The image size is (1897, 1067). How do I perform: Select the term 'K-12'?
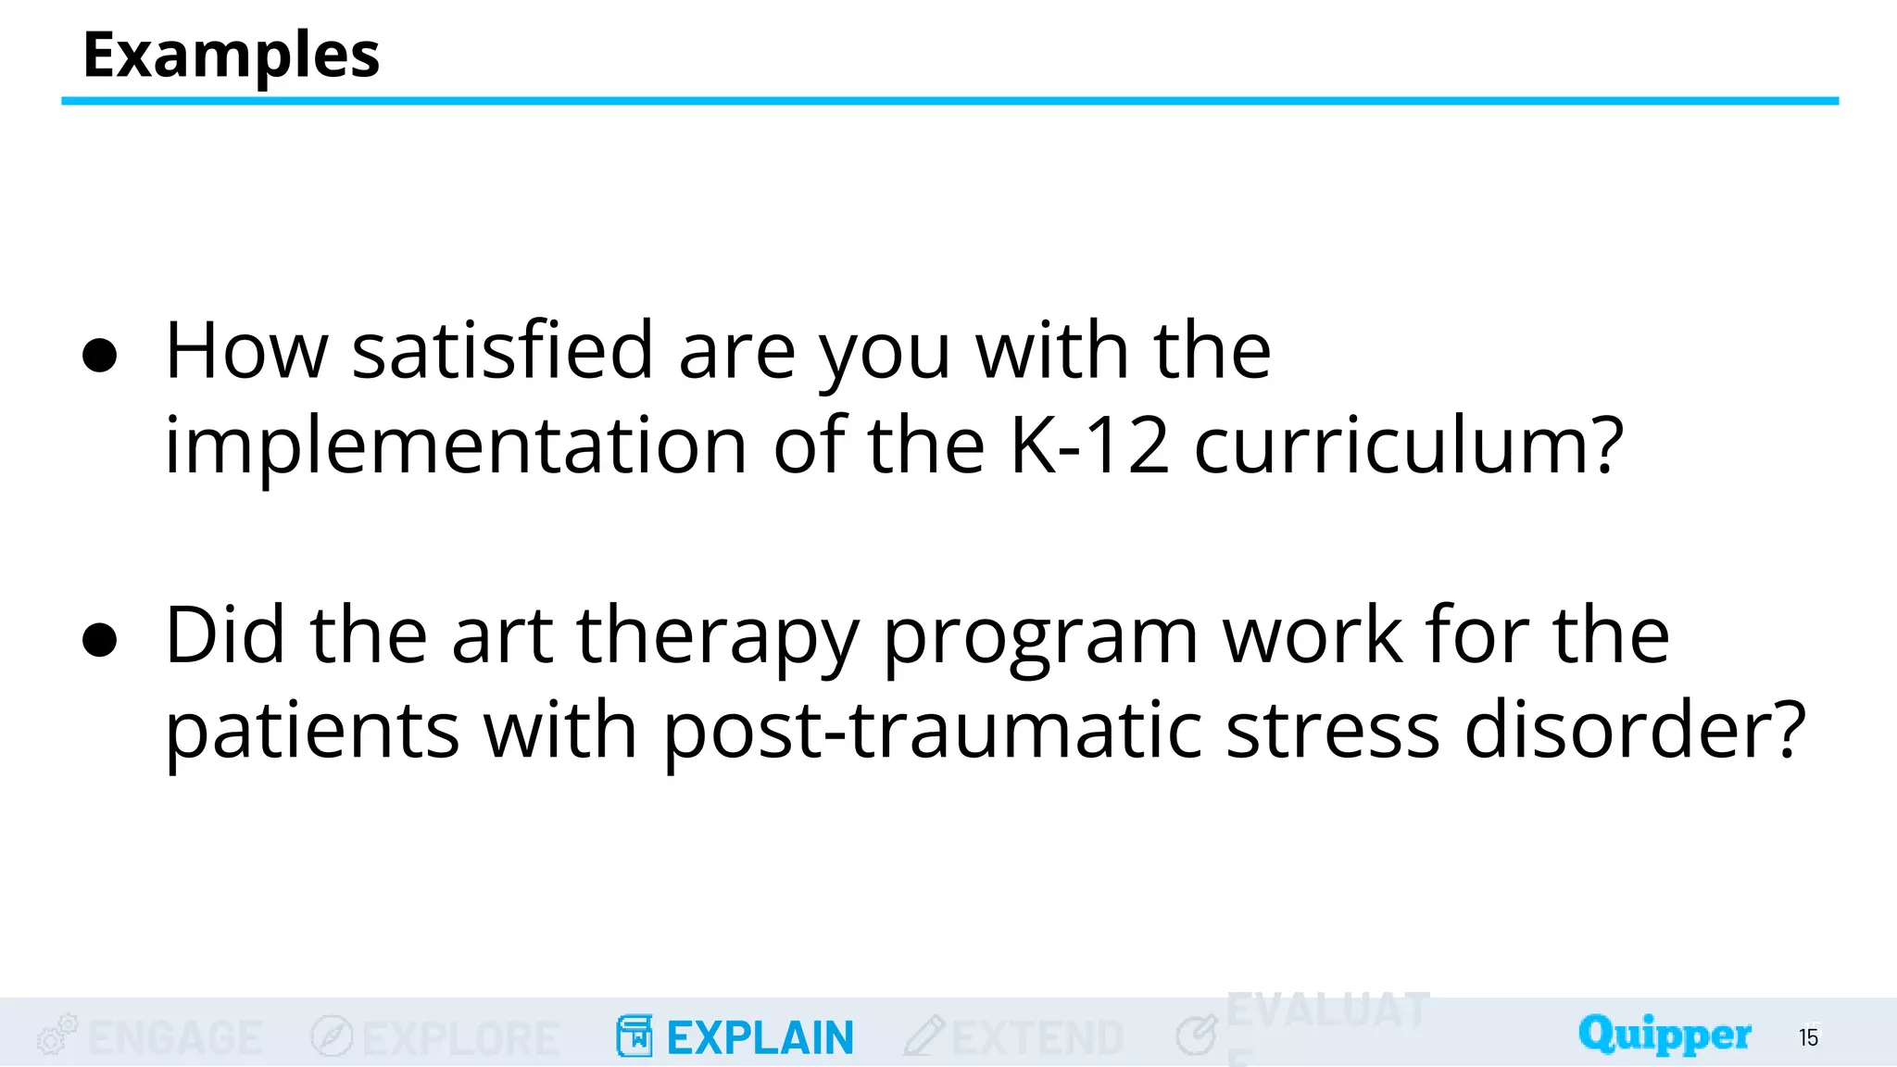pos(1089,446)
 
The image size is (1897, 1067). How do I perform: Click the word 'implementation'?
pos(456,446)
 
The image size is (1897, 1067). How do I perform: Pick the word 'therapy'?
pos(718,639)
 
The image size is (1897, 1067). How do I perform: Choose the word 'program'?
pos(1041,639)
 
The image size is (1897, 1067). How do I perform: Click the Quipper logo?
pos(1665,1035)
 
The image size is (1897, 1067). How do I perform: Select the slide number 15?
pos(1809,1037)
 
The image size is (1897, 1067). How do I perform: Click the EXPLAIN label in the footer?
pos(760,1038)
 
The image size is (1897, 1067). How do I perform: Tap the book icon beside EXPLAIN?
pos(634,1036)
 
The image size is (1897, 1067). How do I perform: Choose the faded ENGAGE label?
pos(175,1038)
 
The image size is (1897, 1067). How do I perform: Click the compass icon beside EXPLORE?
pos(332,1036)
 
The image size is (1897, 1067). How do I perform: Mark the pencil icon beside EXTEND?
pos(923,1036)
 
